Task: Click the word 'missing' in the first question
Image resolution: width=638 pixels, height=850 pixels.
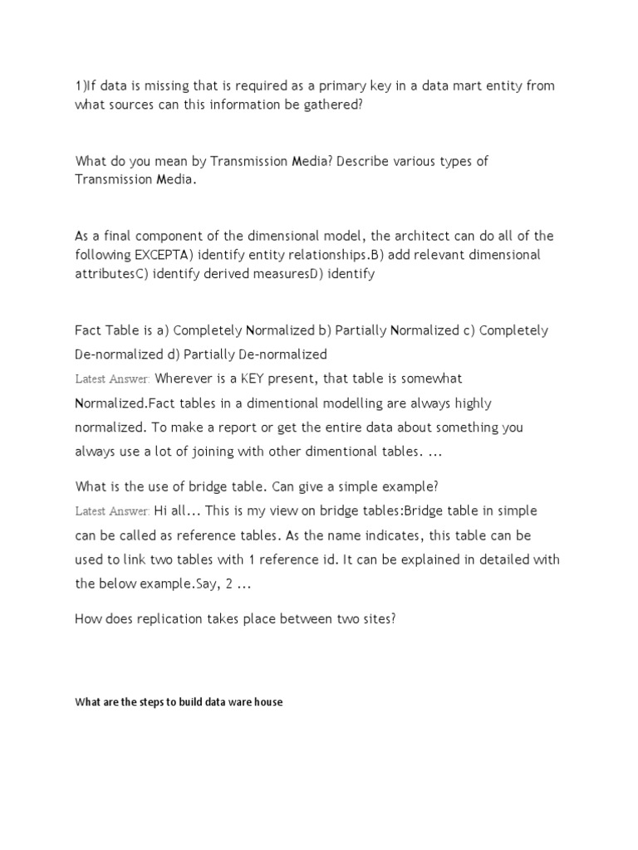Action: [167, 85]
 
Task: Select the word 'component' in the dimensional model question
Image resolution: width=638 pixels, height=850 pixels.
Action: [166, 236]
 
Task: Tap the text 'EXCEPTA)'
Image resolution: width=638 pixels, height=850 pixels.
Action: [159, 255]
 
